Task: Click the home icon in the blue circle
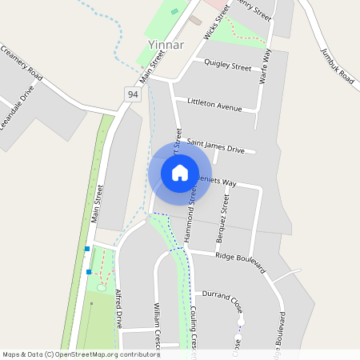(x=180, y=172)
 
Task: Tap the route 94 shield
(x=133, y=94)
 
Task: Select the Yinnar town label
(x=166, y=45)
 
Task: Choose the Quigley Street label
(x=228, y=63)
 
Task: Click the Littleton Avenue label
(x=214, y=104)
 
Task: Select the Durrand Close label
(x=222, y=294)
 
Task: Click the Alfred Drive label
(x=120, y=308)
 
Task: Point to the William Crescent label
(x=157, y=324)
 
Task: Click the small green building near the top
(x=174, y=11)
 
